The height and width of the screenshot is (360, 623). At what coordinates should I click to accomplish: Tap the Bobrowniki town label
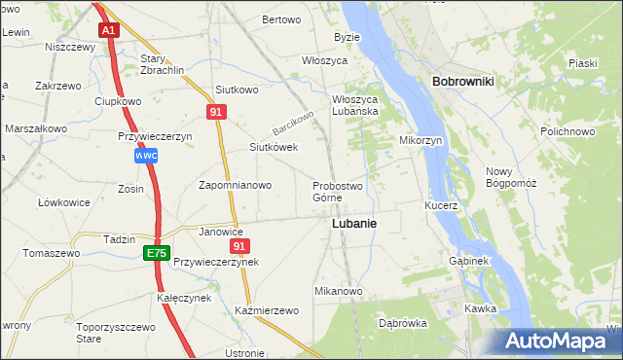pos(462,82)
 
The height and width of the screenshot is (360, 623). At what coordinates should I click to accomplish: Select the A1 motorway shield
pos(109,30)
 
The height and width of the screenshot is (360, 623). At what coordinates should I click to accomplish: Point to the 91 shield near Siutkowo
pos(217,113)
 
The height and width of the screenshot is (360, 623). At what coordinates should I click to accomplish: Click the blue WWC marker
pos(146,156)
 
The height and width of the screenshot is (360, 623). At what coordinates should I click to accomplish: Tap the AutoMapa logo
pos(557,342)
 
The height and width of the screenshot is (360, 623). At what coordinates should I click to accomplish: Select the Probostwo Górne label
pos(338,192)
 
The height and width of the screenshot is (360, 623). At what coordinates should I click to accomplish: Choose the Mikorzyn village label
pos(421,140)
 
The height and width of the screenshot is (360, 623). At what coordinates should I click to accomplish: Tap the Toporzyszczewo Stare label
pos(117,334)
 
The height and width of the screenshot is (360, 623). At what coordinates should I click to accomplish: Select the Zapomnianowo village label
pos(238,184)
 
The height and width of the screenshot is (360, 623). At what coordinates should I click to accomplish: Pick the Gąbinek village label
pos(468,262)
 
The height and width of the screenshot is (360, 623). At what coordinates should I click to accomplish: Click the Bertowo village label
pos(281,19)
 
